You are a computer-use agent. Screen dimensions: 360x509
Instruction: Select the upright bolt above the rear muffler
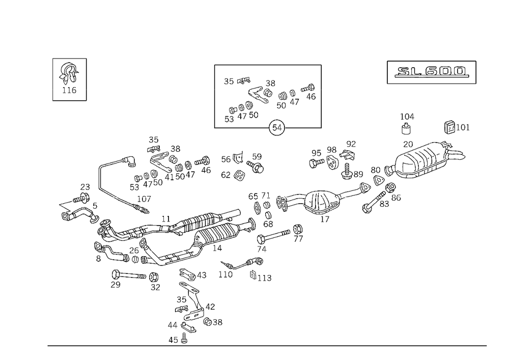[407, 122]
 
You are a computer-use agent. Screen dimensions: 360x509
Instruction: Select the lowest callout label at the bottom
[178, 341]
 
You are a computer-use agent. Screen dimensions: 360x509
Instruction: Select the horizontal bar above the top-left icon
[69, 58]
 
